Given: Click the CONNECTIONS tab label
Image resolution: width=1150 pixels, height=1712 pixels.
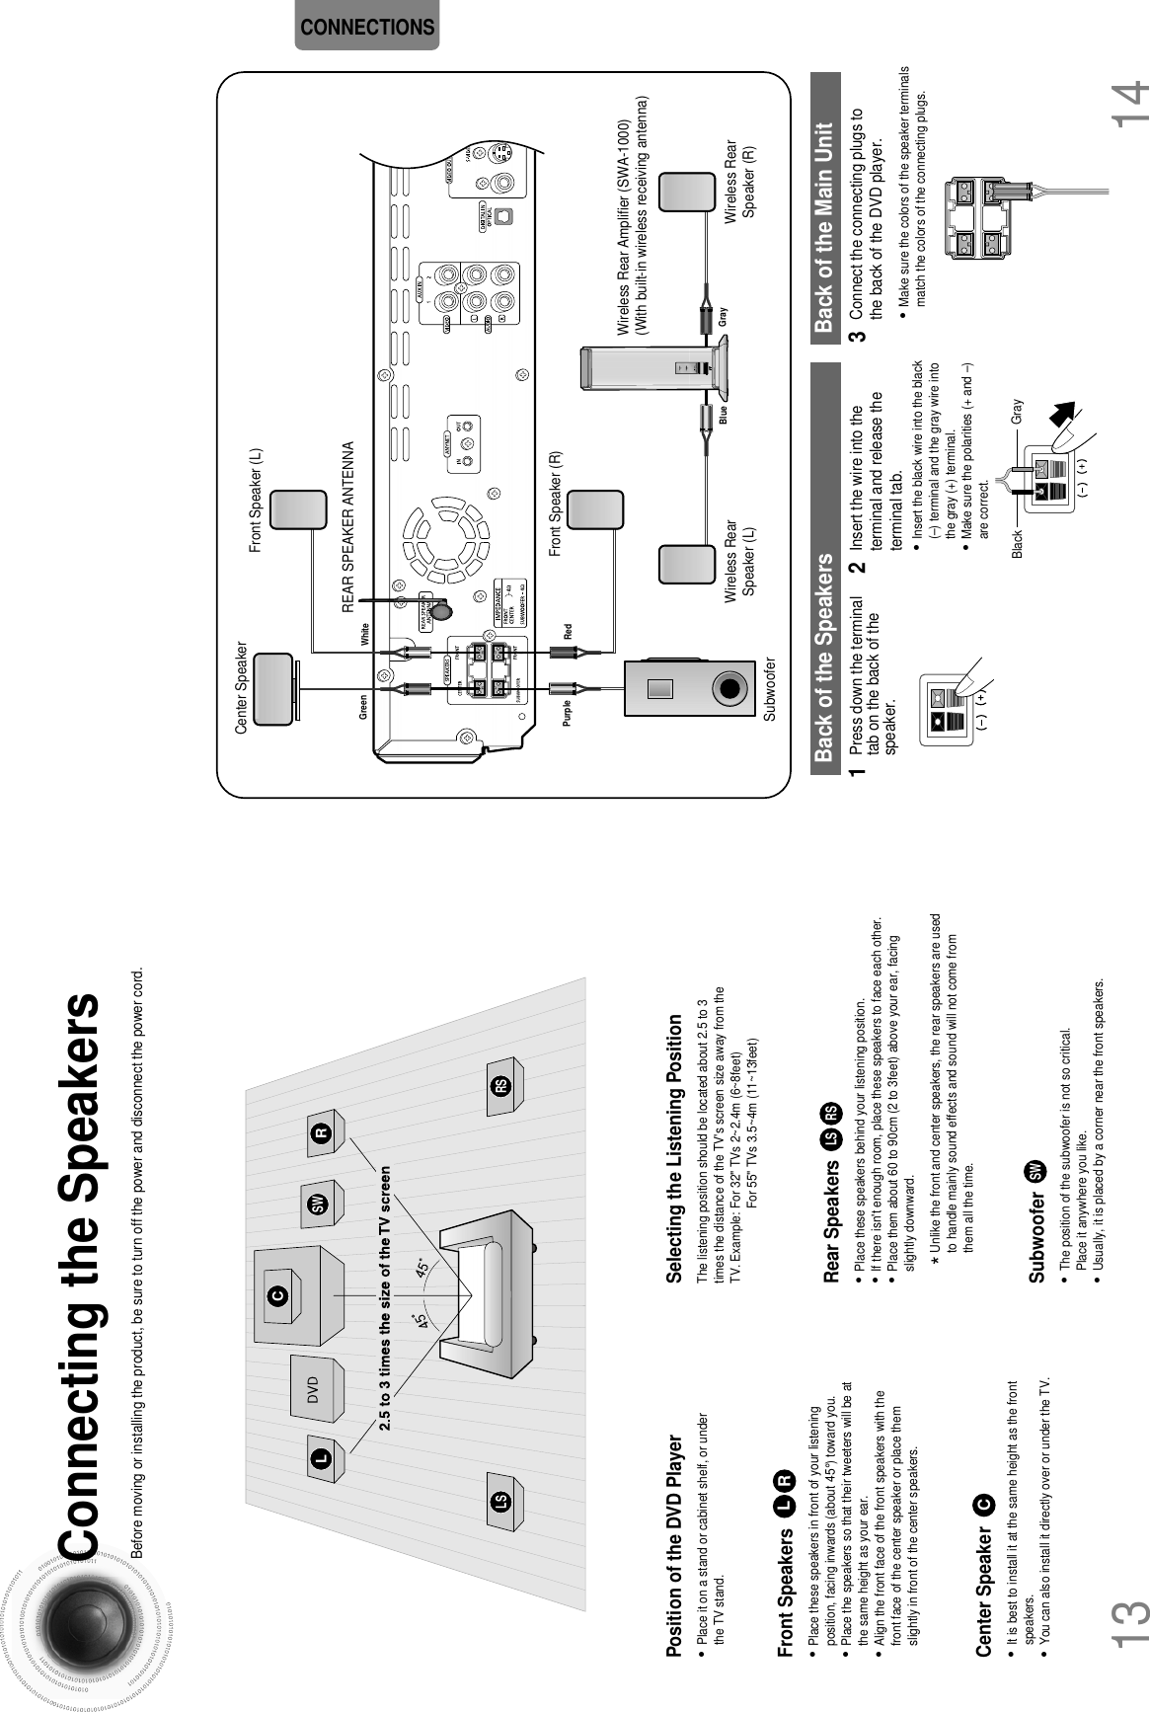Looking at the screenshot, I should click(366, 28).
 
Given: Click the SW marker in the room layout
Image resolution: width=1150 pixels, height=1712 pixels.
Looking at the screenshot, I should click(317, 1205).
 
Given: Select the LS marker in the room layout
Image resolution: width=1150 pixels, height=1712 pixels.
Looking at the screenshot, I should click(500, 1503).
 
